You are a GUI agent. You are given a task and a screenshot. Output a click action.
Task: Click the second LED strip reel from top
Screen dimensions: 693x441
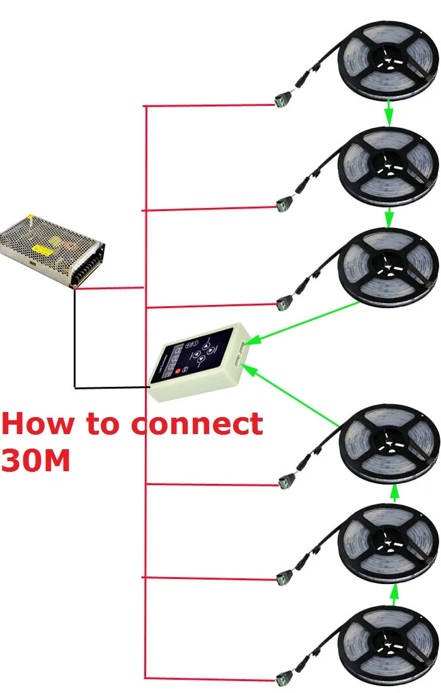pos(388,166)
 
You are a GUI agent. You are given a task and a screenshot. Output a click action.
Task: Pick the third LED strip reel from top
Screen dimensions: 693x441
pos(388,265)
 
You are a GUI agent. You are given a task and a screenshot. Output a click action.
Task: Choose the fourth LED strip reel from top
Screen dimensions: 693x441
pos(388,444)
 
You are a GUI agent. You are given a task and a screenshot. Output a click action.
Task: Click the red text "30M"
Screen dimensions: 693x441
pos(35,459)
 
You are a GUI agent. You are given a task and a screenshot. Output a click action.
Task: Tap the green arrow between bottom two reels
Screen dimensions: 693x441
pos(395,594)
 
